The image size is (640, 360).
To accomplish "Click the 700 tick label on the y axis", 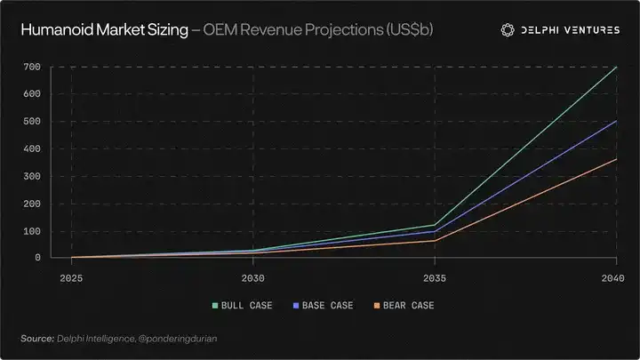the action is [x=32, y=67].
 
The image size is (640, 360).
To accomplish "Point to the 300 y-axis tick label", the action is [x=32, y=176].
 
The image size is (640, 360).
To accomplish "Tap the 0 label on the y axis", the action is [x=37, y=258].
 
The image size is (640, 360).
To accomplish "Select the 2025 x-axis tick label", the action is [x=71, y=278].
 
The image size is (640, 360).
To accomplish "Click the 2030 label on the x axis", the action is [x=252, y=278].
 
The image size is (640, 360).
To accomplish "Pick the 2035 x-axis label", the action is [x=435, y=278].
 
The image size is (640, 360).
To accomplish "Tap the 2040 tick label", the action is [x=612, y=278].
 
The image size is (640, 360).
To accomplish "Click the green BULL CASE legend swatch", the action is [x=215, y=305].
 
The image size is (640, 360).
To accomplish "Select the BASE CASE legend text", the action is [x=327, y=305].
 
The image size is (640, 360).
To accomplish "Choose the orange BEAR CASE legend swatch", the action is [x=377, y=305].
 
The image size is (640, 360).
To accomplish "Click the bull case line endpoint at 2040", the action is [x=616, y=67].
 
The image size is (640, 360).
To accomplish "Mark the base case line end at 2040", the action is [x=616, y=121].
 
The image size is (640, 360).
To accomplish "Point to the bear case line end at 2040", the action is [x=616, y=159].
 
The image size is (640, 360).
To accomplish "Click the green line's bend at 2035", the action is [x=435, y=225].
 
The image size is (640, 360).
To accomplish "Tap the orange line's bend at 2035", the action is [x=435, y=241].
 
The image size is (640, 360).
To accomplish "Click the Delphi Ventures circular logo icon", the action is [x=508, y=30].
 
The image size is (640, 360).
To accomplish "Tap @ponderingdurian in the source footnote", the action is [x=178, y=339].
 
